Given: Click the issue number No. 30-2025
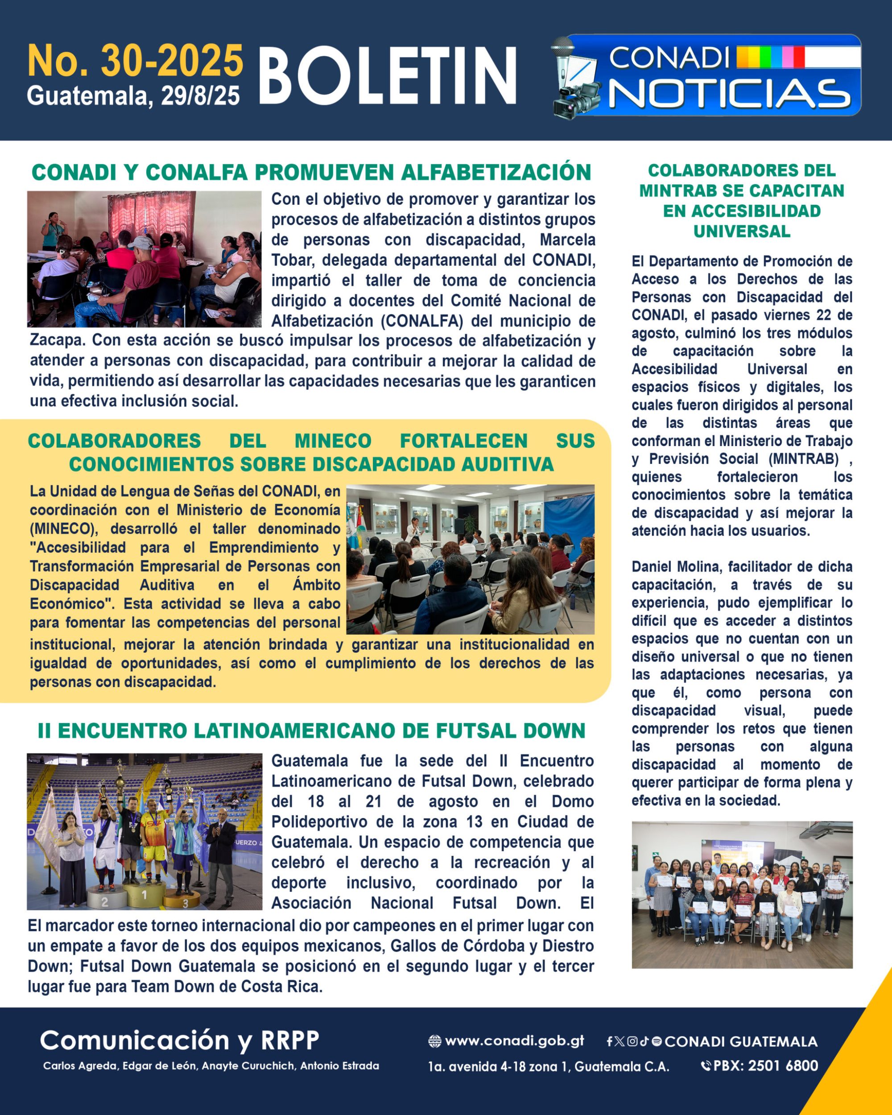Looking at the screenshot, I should tap(135, 61).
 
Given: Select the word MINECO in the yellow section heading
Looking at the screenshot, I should tap(333, 441).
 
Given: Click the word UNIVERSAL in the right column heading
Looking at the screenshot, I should tap(742, 231).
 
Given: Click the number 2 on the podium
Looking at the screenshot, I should tap(104, 902).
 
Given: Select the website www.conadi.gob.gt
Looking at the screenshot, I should tap(515, 1041).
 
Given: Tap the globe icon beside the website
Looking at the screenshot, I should tap(435, 1041).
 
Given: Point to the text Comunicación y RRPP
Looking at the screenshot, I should tap(179, 1041).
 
